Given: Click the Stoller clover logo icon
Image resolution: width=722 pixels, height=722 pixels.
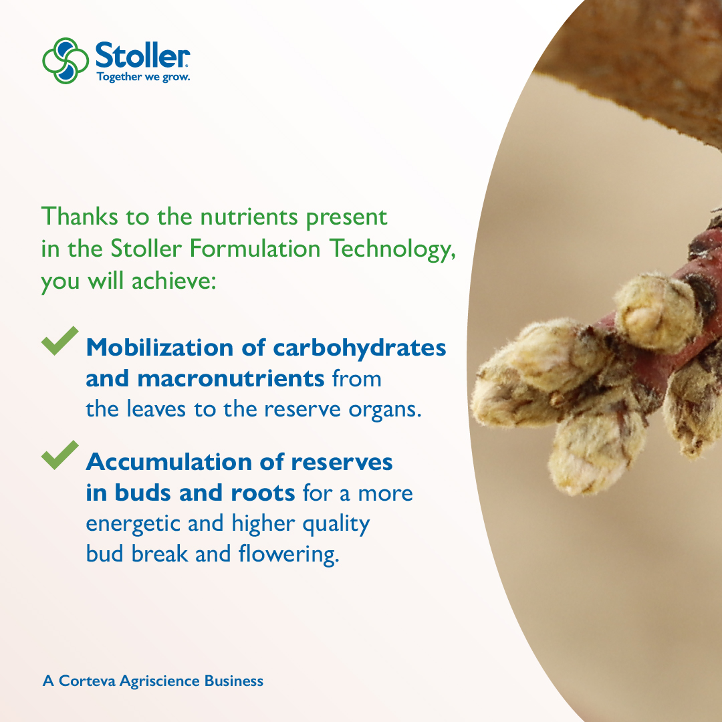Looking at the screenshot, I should tap(65, 60).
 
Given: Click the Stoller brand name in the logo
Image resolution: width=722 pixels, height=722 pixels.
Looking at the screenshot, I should tap(142, 55).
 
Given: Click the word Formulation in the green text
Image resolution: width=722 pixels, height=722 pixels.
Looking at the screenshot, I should tap(255, 249).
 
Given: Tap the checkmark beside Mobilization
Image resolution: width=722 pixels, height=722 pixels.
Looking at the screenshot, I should tap(59, 341).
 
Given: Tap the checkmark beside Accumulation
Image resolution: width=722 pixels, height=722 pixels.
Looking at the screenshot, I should tap(59, 455).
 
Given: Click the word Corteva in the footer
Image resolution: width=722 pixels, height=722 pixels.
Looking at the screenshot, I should tap(87, 681).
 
